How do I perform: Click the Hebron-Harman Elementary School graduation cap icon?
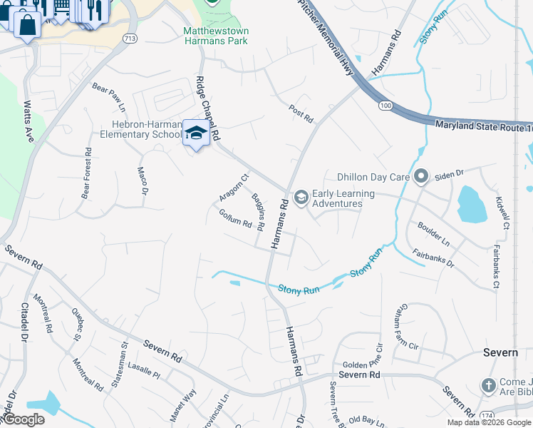pyautogui.click(x=196, y=133)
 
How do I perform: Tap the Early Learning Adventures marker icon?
pyautogui.click(x=301, y=197)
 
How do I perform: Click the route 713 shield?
pyautogui.click(x=129, y=38)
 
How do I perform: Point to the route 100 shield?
pyautogui.click(x=385, y=106)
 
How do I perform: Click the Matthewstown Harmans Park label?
pyautogui.click(x=215, y=36)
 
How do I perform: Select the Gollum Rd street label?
pyautogui.click(x=236, y=218)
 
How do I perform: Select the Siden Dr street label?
pyautogui.click(x=449, y=173)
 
